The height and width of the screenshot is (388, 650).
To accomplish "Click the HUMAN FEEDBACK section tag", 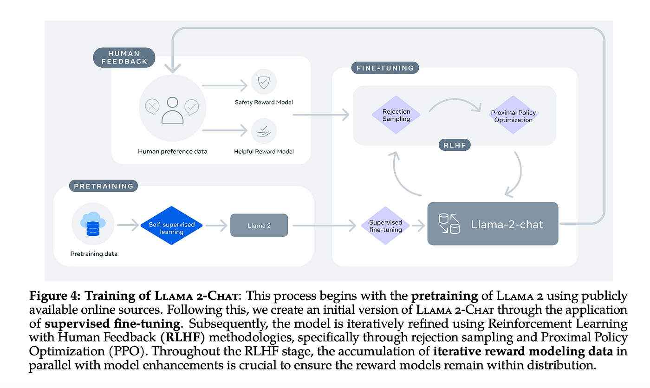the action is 124,58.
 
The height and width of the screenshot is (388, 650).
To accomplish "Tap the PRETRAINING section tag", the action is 103,186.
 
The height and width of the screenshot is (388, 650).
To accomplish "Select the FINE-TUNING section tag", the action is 385,68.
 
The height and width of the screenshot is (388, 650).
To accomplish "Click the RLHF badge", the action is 455,145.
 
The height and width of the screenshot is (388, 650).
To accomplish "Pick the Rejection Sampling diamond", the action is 396,115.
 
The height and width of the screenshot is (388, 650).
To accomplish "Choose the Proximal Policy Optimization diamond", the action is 513,115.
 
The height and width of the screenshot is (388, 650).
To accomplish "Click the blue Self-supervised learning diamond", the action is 171,225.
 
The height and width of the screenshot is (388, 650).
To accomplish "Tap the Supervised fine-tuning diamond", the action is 385,226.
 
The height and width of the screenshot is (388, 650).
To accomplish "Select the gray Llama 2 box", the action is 259,225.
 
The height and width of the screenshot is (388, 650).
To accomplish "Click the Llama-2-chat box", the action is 493,224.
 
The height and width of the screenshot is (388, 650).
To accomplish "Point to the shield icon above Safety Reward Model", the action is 264,82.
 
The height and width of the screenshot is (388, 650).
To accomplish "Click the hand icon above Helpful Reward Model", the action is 264,131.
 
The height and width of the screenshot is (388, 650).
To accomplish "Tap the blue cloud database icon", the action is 93,224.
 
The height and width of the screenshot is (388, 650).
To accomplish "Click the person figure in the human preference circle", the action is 172,110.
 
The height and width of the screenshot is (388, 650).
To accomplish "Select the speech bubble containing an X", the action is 152,106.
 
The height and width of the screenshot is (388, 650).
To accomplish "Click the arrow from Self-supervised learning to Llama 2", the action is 216,225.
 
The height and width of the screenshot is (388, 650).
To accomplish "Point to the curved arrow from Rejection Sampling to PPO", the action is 455,99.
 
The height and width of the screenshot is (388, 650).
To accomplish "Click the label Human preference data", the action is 172,151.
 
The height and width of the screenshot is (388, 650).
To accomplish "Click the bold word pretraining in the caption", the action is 445,296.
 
